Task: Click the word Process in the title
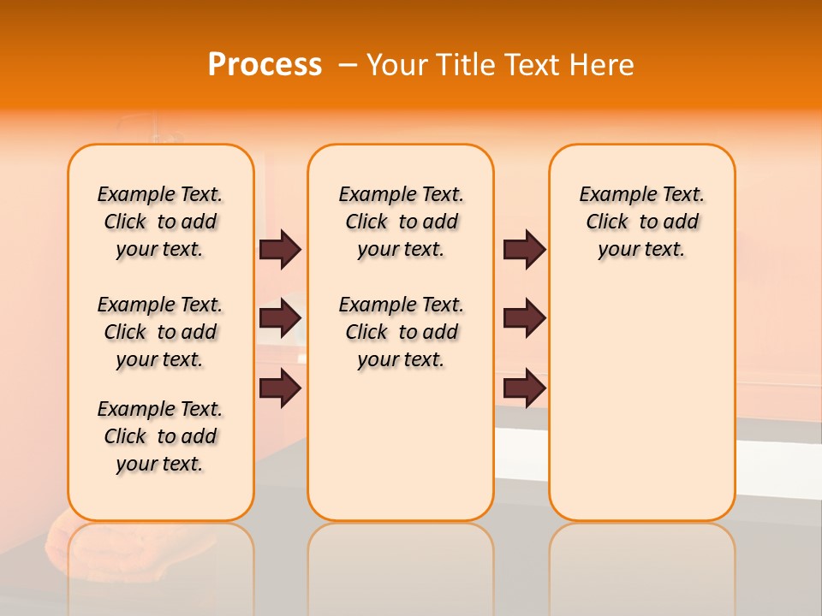[x=265, y=64]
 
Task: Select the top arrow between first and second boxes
[x=280, y=250]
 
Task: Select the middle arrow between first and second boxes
[x=280, y=319]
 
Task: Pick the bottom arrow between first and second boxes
[x=280, y=388]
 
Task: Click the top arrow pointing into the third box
[x=525, y=250]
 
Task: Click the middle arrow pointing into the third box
[x=525, y=319]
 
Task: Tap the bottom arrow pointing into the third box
[x=525, y=388]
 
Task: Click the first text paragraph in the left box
[x=160, y=222]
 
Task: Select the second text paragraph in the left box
[x=160, y=332]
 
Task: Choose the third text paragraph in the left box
[x=160, y=436]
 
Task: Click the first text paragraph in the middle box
[x=401, y=222]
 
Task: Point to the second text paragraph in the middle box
[x=401, y=332]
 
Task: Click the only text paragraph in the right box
[x=642, y=222]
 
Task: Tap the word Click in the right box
[x=607, y=222]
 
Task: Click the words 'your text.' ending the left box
[x=160, y=464]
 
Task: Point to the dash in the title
[x=347, y=65]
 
